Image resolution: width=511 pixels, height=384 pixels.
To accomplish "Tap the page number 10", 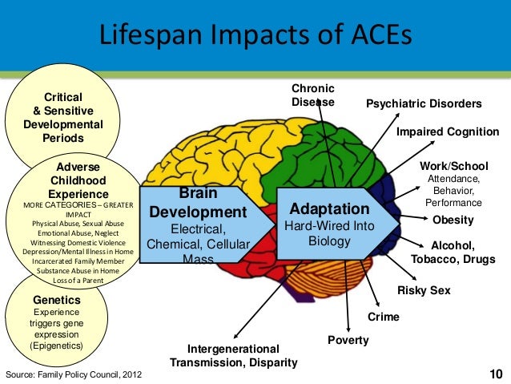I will point(497,374).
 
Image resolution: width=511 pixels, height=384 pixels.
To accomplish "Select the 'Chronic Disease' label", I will point(312,95).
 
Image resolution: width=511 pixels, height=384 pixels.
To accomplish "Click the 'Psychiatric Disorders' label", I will point(424,104).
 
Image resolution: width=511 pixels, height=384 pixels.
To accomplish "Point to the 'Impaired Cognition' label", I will point(448,131).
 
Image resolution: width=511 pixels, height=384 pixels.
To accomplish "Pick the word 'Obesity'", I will point(453,220).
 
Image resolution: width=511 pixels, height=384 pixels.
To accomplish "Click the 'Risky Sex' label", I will point(424,290).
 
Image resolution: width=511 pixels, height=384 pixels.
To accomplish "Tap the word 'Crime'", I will point(383,317).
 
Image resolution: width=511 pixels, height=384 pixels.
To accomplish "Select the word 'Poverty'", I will point(348,340).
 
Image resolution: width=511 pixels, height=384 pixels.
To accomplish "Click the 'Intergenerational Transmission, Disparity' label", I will point(233,356).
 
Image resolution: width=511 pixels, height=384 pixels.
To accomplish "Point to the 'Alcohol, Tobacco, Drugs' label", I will point(453,253).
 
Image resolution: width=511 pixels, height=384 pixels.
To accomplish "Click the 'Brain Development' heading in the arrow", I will point(198,204).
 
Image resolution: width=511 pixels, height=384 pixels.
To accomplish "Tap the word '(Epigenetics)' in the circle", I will point(55,346).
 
